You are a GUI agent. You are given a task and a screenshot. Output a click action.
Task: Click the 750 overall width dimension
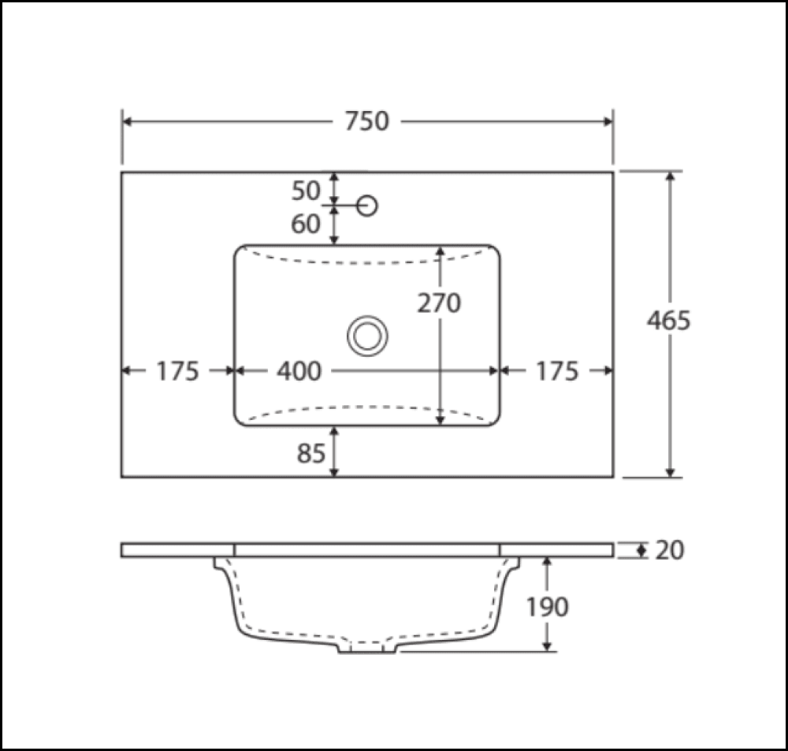367,121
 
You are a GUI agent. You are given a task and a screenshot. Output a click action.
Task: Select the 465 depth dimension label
668,321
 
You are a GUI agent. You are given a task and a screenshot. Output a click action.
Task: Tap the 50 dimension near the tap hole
307,191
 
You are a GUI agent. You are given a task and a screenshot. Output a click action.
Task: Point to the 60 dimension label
307,225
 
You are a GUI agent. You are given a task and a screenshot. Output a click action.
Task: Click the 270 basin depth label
439,303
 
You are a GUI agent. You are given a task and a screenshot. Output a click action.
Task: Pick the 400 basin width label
299,370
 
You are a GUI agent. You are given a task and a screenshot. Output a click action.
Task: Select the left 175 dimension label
177,370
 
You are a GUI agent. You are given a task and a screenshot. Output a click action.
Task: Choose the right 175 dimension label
557,370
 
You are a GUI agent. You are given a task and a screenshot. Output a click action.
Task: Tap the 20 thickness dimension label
669,550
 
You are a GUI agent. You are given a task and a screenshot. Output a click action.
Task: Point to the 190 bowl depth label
547,607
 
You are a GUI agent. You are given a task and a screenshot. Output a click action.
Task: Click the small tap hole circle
367,206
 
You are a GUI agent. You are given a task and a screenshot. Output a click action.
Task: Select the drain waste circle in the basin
367,336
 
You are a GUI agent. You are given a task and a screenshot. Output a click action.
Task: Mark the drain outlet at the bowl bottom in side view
367,648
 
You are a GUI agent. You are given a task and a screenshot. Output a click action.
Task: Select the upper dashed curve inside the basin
367,262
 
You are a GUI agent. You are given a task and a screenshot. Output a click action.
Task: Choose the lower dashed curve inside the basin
367,407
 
